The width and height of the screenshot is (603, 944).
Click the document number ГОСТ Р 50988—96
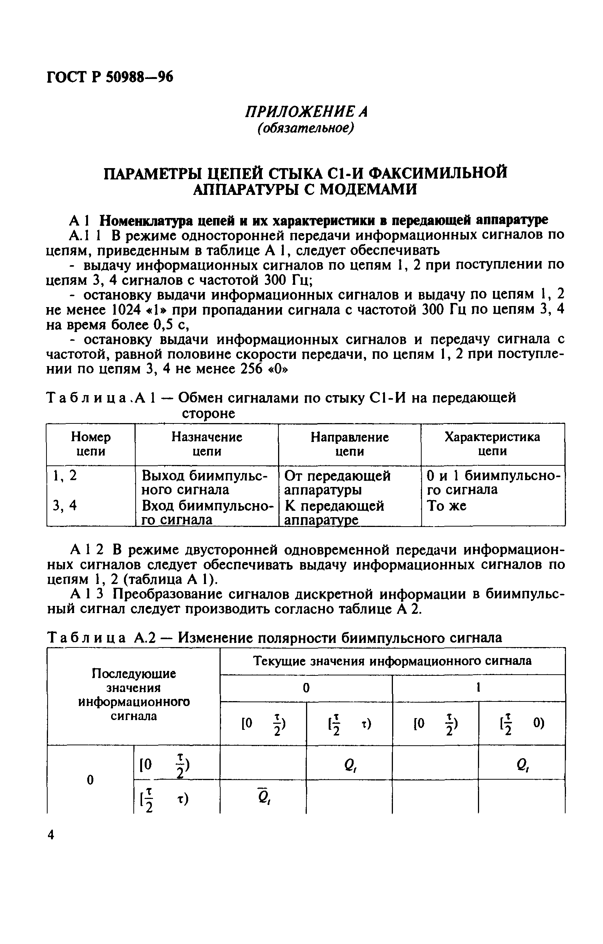point(110,77)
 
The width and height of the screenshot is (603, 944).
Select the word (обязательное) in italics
point(306,128)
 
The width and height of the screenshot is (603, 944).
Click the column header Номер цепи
point(91,444)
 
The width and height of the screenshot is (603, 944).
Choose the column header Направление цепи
point(349,444)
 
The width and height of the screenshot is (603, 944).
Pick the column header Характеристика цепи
point(492,444)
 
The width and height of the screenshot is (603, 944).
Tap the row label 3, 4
point(65,506)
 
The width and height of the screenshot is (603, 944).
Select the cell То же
point(447,506)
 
